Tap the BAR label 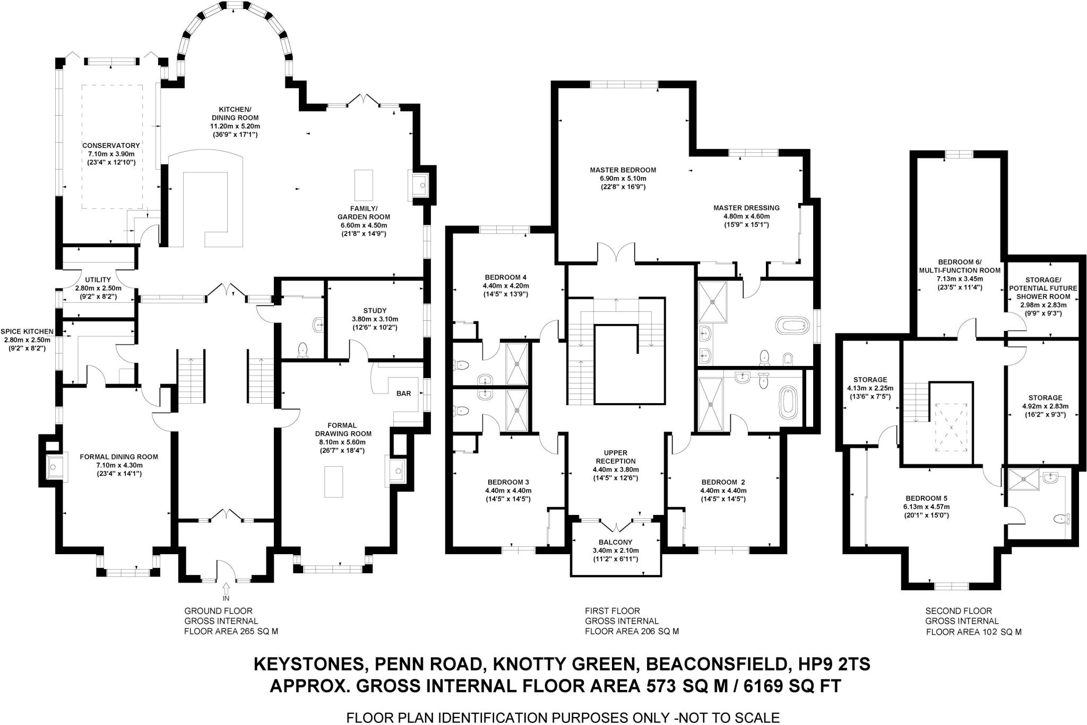click(x=404, y=394)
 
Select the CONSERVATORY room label click(x=111, y=145)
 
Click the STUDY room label click(x=375, y=311)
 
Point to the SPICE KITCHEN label click(x=27, y=331)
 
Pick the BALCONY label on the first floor click(x=615, y=543)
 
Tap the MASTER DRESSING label click(x=746, y=208)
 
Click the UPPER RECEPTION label click(x=615, y=457)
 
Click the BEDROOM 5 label click(x=926, y=499)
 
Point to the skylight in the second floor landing click(x=951, y=427)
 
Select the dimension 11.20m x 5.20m click(x=235, y=126)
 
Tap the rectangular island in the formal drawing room click(x=334, y=482)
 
